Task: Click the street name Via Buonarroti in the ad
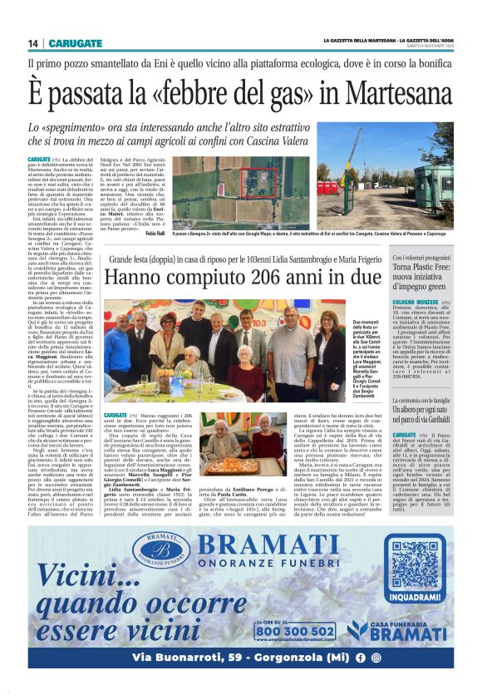[x=166, y=657]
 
